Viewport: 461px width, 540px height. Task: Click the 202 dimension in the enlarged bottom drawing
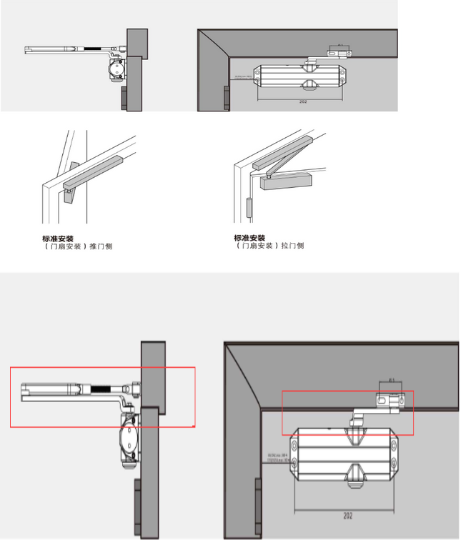point(348,515)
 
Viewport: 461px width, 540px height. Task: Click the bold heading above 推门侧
point(58,238)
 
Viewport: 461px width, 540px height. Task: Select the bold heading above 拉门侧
point(249,238)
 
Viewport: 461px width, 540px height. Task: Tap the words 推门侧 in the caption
point(101,246)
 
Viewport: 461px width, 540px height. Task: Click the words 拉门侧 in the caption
point(292,246)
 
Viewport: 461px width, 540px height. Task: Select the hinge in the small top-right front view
point(227,99)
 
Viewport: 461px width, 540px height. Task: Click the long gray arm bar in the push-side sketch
point(96,170)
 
